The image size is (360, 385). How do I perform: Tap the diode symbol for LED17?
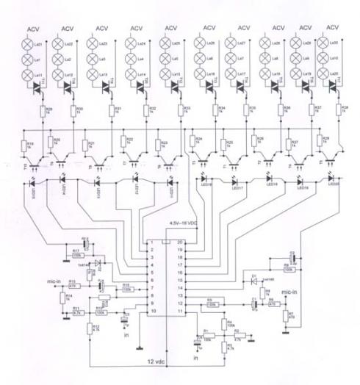[x=234, y=179]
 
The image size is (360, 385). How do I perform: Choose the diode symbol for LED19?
[x=300, y=179]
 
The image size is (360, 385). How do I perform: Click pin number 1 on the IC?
[x=151, y=242]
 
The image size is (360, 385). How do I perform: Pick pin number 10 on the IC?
[x=151, y=312]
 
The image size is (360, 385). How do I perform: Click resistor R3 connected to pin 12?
[x=210, y=303]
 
